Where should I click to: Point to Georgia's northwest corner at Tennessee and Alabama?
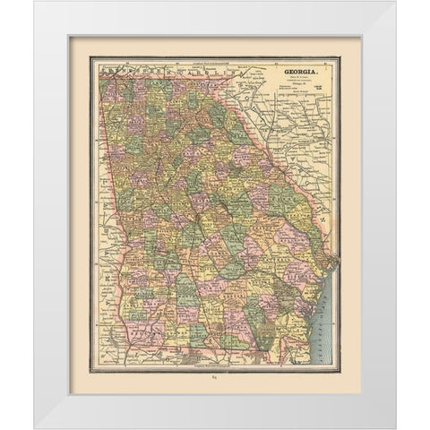[x=100, y=71]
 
